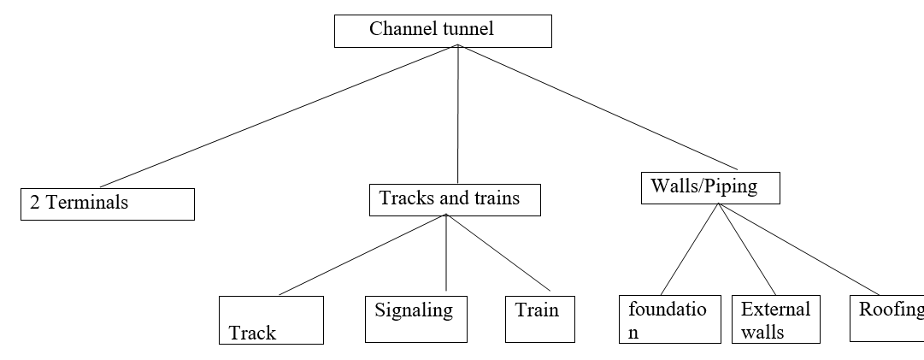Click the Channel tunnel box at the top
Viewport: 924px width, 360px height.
(443, 31)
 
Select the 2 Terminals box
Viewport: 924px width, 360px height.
(108, 204)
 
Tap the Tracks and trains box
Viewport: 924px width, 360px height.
(456, 199)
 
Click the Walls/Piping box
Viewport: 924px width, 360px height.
(710, 187)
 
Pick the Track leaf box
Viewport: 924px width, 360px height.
(271, 320)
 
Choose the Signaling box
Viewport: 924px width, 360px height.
(415, 318)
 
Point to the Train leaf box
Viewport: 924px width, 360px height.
(539, 318)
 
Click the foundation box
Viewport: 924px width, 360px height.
(669, 319)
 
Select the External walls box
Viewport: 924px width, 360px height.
(775, 319)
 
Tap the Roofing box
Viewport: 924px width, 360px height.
(887, 318)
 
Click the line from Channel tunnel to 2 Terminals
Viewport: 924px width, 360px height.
(278, 115)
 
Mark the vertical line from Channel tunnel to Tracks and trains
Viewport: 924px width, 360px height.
(457, 115)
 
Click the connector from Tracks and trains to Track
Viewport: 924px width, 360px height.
(362, 254)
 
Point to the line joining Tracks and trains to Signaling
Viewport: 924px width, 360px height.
(446, 252)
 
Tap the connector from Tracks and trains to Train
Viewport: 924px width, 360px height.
(498, 252)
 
